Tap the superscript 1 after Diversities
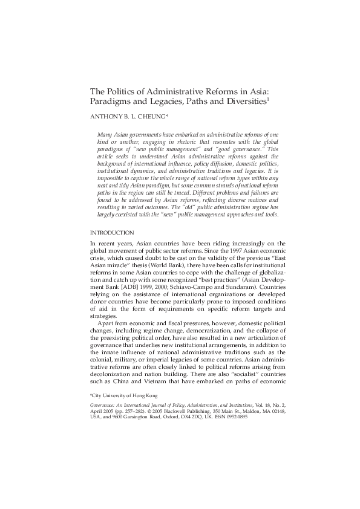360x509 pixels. tap(268, 99)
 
